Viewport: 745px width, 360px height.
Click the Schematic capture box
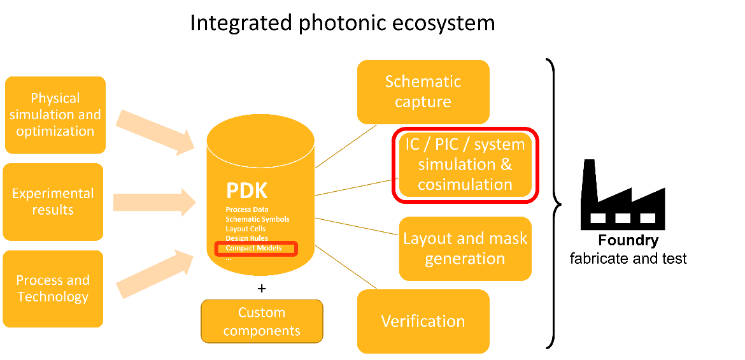(423, 92)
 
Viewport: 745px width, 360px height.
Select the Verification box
(423, 321)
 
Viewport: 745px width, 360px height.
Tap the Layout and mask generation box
(465, 248)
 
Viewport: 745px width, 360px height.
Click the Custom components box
(262, 321)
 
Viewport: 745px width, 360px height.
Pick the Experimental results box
(53, 201)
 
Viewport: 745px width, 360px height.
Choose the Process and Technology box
(53, 289)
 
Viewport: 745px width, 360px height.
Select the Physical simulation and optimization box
(55, 115)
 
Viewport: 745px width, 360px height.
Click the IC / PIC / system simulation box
(465, 164)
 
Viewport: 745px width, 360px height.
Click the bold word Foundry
(628, 241)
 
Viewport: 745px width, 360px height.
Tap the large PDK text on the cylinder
(247, 191)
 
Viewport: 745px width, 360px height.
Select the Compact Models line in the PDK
(254, 248)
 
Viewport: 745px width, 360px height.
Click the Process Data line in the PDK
(247, 210)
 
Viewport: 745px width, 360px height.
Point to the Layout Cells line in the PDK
(245, 229)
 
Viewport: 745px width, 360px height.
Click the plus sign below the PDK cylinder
(261, 288)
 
